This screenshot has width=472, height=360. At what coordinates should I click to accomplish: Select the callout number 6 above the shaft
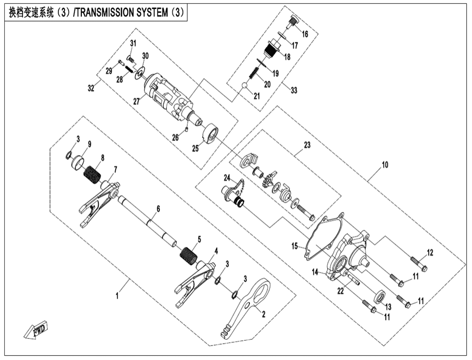click(157, 209)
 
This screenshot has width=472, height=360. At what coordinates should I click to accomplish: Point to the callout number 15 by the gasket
click(294, 246)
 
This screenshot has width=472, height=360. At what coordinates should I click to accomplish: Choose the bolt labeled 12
click(419, 264)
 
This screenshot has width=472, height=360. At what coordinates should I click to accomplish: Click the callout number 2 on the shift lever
click(263, 313)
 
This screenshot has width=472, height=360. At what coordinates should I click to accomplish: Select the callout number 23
click(307, 145)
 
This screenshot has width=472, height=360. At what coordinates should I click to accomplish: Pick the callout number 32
click(91, 88)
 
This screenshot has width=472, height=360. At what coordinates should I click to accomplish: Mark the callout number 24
click(227, 178)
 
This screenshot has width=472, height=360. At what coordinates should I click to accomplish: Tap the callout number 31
click(133, 43)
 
